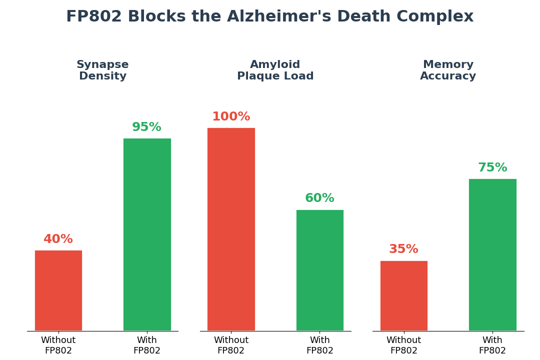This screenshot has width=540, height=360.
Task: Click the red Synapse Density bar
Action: coord(58,290)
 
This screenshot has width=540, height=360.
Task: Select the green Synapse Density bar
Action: coord(147,234)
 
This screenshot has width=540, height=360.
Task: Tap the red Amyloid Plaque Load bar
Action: coord(231,229)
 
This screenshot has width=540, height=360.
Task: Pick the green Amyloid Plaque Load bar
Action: coord(320,270)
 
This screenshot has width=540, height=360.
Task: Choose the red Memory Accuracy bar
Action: coord(404,295)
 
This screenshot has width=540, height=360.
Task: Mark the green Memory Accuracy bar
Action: coord(492,254)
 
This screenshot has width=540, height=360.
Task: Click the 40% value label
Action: coord(58,239)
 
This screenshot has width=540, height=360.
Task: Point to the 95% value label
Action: coord(147,127)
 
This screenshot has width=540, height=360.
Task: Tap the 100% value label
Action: coord(231,117)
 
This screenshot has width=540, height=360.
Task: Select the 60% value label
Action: coord(320,198)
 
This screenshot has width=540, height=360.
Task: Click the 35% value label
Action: coord(404,249)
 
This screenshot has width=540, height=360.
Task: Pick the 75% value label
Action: coord(492,168)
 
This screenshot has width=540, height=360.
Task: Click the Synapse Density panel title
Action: coord(102,70)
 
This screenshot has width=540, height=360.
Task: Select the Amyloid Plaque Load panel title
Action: coord(275,70)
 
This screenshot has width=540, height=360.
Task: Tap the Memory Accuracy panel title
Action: coord(448,70)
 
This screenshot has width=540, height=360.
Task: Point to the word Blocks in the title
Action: coord(153,17)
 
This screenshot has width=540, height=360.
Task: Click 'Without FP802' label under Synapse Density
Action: coord(58,345)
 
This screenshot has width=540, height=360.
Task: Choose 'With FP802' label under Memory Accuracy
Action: coord(492,345)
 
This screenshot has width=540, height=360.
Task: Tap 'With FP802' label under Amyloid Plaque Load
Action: coord(320,345)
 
